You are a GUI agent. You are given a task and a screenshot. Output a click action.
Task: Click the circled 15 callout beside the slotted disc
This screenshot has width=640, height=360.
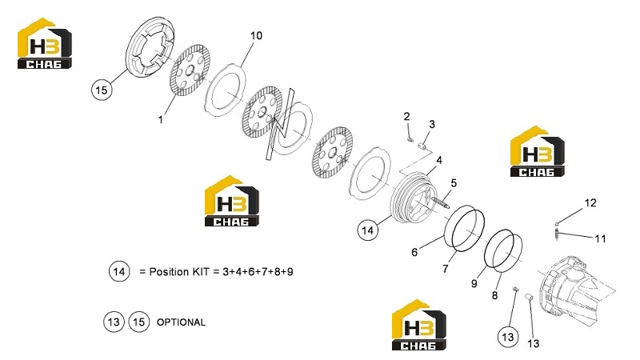[102, 90]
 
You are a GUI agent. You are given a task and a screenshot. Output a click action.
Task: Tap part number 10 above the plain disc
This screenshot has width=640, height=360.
[256, 35]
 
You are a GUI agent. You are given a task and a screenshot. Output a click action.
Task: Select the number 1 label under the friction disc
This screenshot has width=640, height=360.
[161, 119]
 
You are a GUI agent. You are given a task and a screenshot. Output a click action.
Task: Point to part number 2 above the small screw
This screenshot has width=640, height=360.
[406, 116]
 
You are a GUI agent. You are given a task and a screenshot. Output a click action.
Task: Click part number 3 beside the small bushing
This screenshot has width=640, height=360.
[431, 124]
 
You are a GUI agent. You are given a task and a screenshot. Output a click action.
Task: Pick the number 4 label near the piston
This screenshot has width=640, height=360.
[439, 160]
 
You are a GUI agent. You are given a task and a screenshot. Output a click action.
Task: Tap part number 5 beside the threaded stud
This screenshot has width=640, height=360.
[454, 183]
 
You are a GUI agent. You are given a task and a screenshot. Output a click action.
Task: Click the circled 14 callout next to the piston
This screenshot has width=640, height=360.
[368, 230]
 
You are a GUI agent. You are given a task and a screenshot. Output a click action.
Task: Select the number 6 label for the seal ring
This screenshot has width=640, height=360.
[414, 252]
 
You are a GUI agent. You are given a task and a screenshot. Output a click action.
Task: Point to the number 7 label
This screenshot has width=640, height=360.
[446, 269]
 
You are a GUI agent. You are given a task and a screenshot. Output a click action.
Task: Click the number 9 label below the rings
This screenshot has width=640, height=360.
[474, 283]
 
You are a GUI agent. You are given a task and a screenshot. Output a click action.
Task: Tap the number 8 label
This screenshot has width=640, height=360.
[494, 295]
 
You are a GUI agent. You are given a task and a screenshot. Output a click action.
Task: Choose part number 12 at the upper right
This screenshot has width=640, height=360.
[590, 203]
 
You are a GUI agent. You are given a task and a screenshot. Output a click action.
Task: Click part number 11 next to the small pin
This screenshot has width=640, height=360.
[600, 238]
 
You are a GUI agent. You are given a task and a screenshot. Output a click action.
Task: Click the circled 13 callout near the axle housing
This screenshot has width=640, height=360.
[508, 337]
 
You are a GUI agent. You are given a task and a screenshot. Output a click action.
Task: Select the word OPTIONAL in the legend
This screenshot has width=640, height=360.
[181, 322]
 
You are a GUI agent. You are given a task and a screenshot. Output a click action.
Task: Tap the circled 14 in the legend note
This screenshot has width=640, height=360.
[119, 271]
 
